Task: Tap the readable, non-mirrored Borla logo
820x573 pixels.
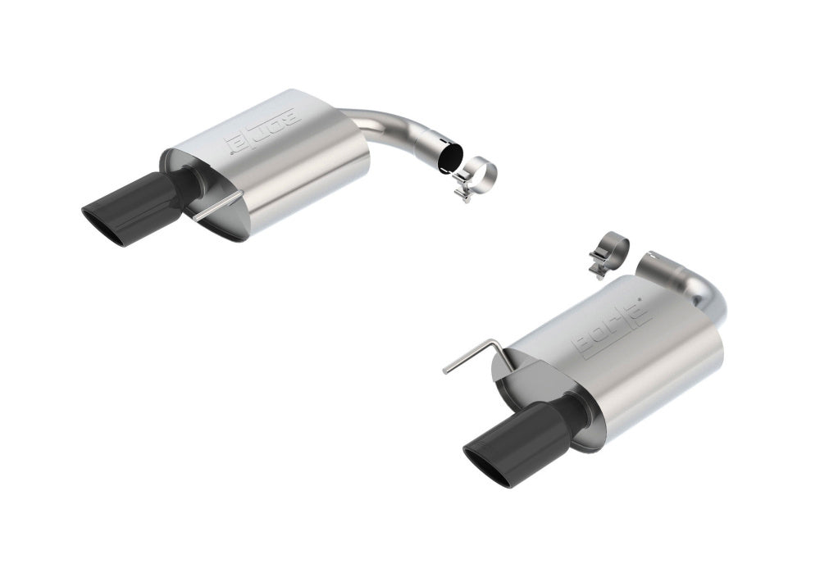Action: click(x=613, y=327)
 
